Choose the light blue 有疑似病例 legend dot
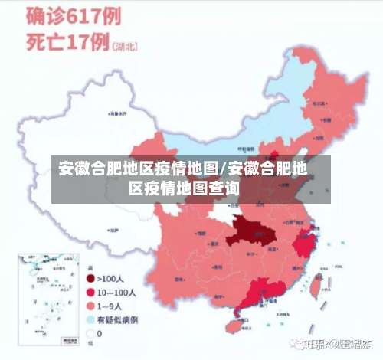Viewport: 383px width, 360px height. tap(90, 319)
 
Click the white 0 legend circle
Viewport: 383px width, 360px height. tap(90, 334)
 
